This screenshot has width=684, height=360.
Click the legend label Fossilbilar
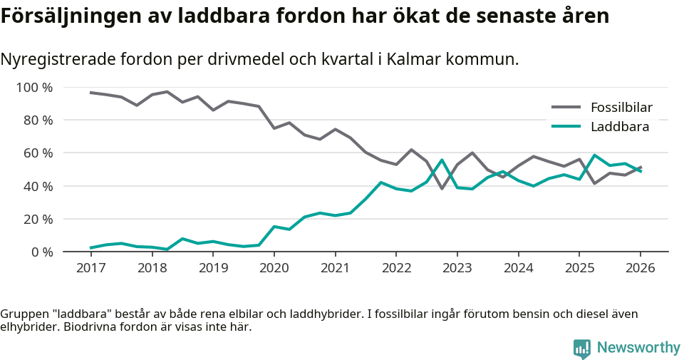pos(621,108)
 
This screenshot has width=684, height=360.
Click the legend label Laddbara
pos(619,127)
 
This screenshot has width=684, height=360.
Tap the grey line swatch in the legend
pos(566,108)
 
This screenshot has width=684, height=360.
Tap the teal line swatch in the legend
pos(566,127)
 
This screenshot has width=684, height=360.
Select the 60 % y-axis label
pos(38,153)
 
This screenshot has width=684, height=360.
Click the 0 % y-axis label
pos(41,252)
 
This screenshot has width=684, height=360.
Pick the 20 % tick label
pos(38,219)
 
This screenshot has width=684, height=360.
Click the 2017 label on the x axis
pos(90,268)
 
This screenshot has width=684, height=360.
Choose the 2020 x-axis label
pos(274,268)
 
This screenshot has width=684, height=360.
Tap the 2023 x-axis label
pos(457,268)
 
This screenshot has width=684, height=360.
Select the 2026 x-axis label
pos(640,268)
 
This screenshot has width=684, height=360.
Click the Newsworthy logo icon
pos(581,349)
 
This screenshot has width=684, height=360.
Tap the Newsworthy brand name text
pos(638,348)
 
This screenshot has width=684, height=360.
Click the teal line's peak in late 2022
pos(442,160)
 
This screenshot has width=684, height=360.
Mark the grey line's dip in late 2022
pos(442,188)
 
